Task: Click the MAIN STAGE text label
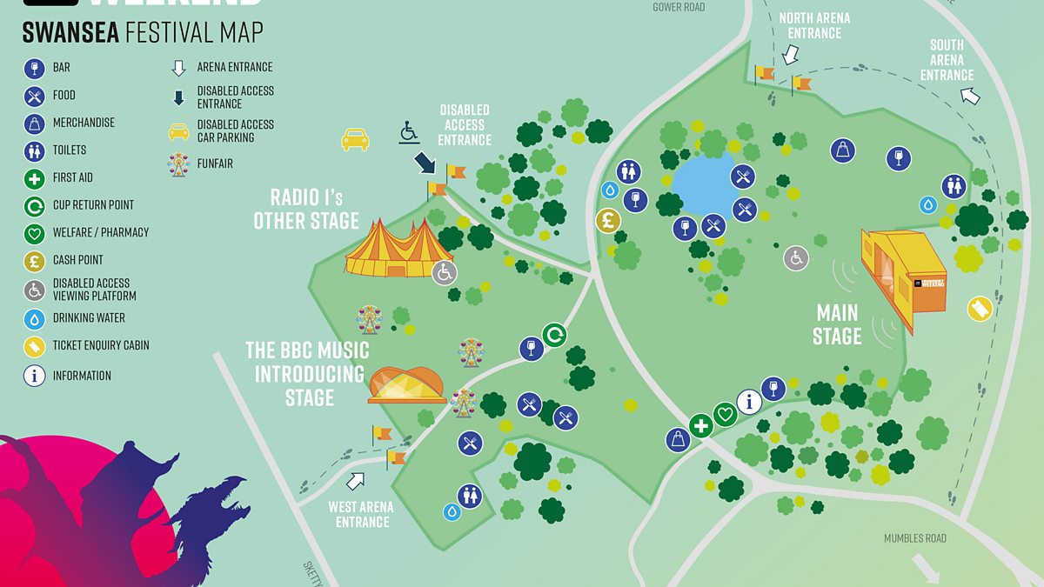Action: tap(837, 324)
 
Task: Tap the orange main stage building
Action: tap(903, 275)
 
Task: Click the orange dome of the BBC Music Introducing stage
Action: tap(406, 384)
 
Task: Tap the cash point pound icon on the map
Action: tap(608, 221)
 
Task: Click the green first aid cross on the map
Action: tap(700, 426)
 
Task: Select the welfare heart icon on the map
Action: tap(725, 414)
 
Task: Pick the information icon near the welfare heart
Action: tap(749, 402)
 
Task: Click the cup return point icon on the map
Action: tap(554, 334)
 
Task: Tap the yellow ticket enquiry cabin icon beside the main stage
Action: tap(980, 309)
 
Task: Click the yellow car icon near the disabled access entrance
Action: tap(355, 139)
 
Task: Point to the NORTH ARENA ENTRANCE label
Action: tap(814, 25)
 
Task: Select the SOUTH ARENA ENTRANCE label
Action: tap(947, 60)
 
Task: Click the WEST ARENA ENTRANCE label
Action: tap(362, 514)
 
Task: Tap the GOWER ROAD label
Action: tap(679, 7)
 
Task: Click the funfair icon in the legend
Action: tap(178, 163)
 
